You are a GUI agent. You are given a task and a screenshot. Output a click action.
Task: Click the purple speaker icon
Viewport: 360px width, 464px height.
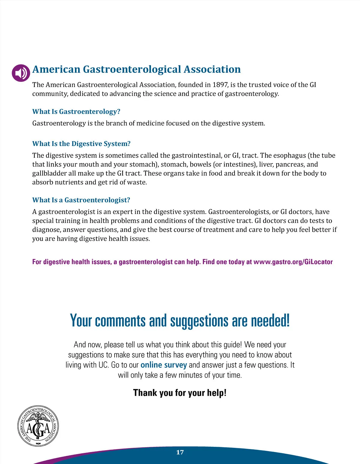pos(21,73)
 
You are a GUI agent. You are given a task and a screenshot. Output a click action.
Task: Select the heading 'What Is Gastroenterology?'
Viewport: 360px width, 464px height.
pos(76,112)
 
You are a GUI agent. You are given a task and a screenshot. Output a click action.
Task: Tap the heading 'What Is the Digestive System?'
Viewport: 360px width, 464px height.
pos(81,144)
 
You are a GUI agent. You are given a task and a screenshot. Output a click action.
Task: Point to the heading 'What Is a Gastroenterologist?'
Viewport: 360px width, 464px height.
pos(81,200)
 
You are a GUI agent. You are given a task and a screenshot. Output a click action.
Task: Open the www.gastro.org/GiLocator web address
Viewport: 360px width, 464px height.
pos(293,262)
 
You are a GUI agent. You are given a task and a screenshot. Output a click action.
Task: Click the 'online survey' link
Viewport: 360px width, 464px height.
pos(163,365)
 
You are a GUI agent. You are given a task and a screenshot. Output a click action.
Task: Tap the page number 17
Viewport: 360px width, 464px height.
pos(180,452)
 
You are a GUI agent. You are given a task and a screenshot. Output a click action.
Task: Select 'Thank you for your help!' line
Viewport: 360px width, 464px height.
pos(180,393)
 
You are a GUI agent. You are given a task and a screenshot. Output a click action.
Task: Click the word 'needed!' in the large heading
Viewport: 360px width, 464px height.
pos(270,321)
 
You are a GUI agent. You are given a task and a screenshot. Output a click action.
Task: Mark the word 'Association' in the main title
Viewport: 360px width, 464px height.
pos(212,69)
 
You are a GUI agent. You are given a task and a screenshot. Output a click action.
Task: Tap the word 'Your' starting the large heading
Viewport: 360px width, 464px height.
pos(81,321)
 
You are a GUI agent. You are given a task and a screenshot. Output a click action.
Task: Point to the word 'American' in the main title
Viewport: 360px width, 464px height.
pos(56,69)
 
